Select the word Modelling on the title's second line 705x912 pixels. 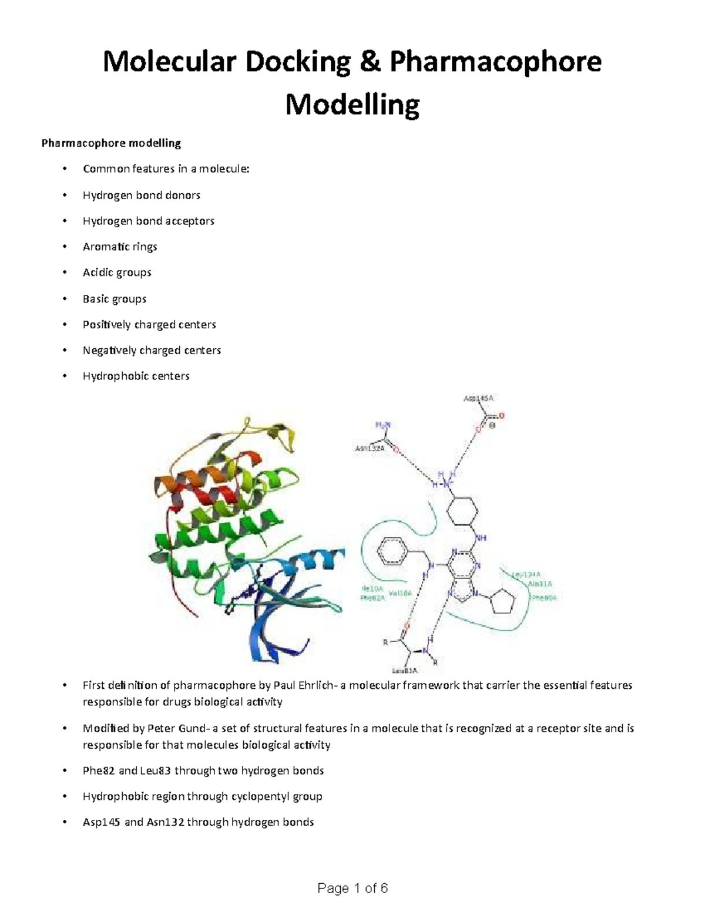(352, 106)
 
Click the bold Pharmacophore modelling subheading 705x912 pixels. (111, 143)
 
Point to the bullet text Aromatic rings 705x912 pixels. (120, 247)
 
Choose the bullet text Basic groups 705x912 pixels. (115, 298)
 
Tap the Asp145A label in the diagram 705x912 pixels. (478, 398)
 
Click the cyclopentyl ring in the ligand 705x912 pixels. (502, 602)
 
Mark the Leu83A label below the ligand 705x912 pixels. (404, 670)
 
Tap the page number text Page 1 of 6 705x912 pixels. (352, 888)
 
